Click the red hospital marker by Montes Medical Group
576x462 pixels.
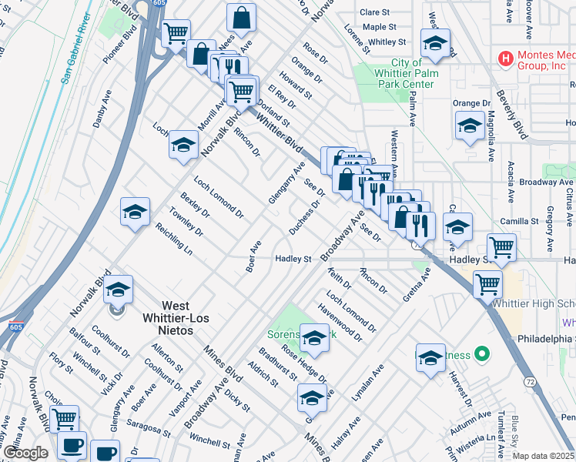pyautogui.click(x=506, y=58)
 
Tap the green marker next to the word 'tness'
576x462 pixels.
pyautogui.click(x=482, y=355)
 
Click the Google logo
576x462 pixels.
pyautogui.click(x=25, y=453)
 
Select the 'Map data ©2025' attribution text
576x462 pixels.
pyautogui.click(x=544, y=456)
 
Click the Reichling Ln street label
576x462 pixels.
pyautogui.click(x=173, y=239)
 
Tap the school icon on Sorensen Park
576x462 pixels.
pyautogui.click(x=314, y=336)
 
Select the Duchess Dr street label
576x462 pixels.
pyautogui.click(x=305, y=219)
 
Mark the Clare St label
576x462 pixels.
pyautogui.click(x=375, y=12)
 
